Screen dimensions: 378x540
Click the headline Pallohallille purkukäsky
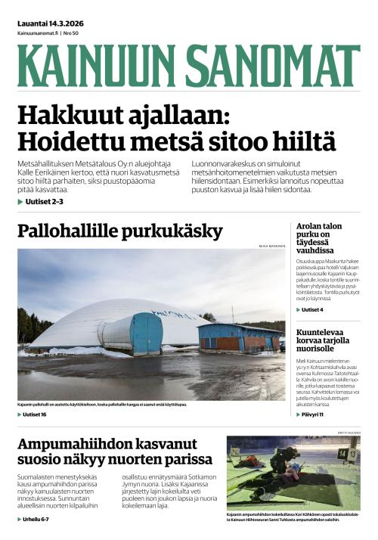point(119,231)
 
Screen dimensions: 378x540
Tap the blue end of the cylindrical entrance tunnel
point(146,333)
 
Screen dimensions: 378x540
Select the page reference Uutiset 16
point(34,415)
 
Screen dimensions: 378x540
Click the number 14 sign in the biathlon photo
point(342,454)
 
